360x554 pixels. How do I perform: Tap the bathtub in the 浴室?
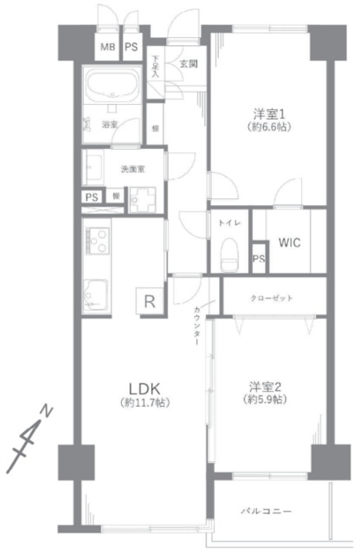[x=112, y=89]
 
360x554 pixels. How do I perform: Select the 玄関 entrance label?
[x=188, y=63]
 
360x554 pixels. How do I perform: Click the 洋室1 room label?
[x=268, y=113]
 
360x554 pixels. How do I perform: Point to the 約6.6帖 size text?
[x=268, y=126]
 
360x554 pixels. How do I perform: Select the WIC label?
[x=289, y=242]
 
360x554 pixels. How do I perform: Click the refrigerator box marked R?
[x=150, y=301]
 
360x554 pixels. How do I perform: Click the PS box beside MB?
[x=132, y=48]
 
